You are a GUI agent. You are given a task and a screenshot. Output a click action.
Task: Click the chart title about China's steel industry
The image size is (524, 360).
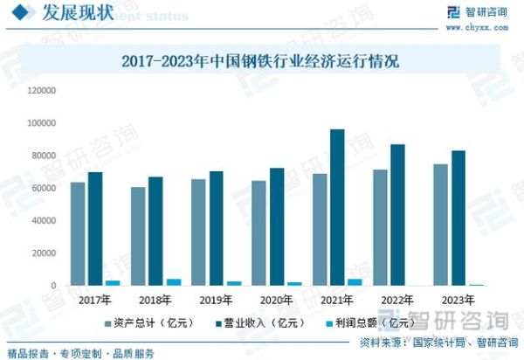point(259,62)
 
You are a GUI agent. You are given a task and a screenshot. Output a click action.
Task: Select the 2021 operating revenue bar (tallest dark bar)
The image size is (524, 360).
point(337,207)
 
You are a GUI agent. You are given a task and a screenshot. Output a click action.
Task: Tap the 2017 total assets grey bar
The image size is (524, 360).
point(78,233)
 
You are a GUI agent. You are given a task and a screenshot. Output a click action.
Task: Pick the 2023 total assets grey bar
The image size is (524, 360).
point(441,225)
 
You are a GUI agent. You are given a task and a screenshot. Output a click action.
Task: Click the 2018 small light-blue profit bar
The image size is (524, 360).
point(174,282)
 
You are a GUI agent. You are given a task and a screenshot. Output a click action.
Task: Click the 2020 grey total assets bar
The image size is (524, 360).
point(259,232)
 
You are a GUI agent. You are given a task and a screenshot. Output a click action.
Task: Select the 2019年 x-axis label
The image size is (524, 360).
point(216,299)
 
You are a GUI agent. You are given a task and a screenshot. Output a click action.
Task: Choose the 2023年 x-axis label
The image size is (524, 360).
point(457,299)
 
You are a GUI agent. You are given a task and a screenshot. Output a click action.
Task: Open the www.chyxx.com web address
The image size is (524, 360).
point(475,27)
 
